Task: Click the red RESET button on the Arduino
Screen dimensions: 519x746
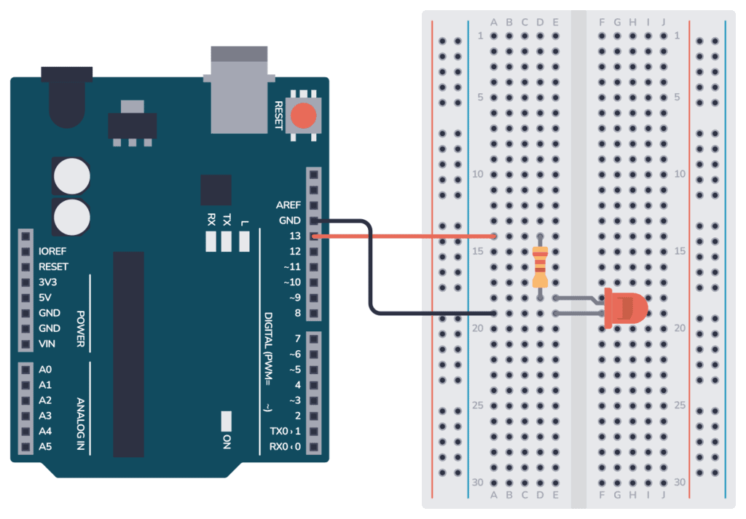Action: [x=304, y=116]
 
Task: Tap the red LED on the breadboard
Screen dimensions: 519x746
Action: [x=627, y=306]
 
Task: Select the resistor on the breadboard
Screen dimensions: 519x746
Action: [x=540, y=267]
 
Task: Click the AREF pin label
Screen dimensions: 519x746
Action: [x=288, y=205]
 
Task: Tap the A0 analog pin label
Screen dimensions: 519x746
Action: [x=45, y=370]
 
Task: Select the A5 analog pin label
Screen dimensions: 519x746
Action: [x=45, y=446]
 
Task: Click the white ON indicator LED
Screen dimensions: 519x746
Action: [x=227, y=420]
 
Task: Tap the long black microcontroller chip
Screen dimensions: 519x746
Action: [x=129, y=354]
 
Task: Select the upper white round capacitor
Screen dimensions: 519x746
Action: [x=71, y=175]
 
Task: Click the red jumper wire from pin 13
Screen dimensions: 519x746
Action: [x=408, y=236]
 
